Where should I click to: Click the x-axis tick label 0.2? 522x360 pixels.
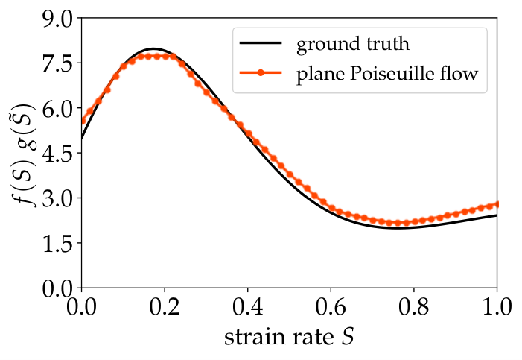point(165,306)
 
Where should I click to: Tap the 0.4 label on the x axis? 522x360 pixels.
point(248,306)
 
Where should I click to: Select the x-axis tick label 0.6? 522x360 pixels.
point(331,306)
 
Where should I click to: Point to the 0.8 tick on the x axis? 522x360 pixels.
point(414,306)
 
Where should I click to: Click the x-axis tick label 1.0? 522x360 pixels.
point(497,306)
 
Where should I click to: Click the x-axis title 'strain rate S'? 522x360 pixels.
point(289,338)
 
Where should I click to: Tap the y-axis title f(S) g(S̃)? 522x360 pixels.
point(22,155)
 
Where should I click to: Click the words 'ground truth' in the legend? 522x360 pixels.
point(353,44)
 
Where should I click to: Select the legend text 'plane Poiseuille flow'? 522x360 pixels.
point(387,73)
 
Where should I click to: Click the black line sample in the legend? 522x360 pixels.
point(261,43)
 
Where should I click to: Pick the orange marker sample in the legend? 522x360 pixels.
point(261,72)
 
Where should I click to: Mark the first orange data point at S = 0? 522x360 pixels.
point(82,121)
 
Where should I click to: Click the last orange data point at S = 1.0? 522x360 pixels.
point(497,204)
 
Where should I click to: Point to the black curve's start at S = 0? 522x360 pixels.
point(82,139)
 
